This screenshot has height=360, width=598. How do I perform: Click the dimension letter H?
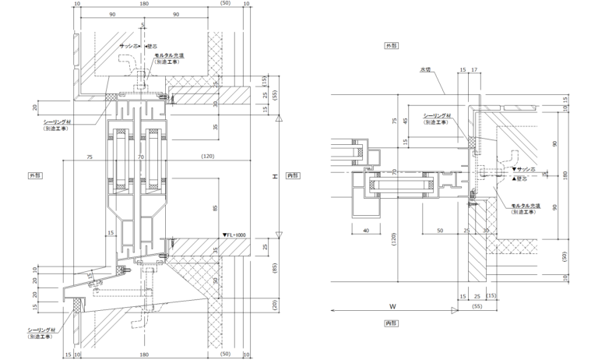(x=275, y=178)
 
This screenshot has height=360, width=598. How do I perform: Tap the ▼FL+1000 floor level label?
(x=234, y=234)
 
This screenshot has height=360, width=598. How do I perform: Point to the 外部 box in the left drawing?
(x=35, y=175)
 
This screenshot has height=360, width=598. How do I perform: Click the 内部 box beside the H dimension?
(x=293, y=175)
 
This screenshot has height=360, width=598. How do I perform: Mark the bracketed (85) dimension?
(x=275, y=270)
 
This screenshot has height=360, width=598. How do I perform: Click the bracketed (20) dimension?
(x=275, y=304)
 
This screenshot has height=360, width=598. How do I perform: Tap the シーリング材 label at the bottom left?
(x=40, y=330)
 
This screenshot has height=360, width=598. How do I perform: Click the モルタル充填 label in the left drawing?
(x=169, y=56)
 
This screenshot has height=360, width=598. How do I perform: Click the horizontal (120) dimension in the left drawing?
(x=206, y=157)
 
